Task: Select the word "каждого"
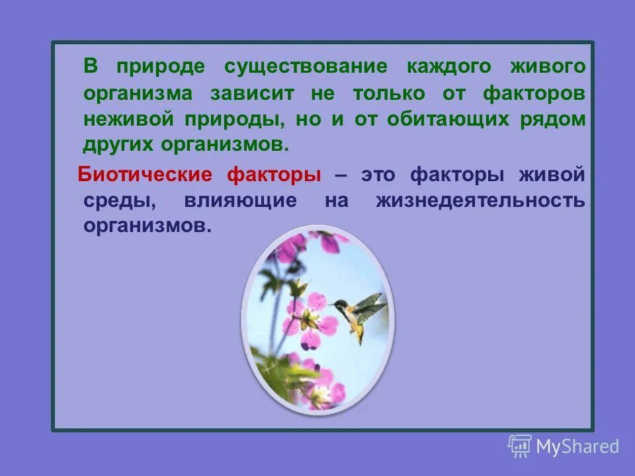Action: pos(449,67)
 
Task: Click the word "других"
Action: pos(116,145)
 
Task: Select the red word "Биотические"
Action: pos(145,175)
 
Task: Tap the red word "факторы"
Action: pos(274,175)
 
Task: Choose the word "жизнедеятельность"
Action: pos(480,201)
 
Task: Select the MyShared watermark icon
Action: pos(520,446)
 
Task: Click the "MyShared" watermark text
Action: pos(577,447)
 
